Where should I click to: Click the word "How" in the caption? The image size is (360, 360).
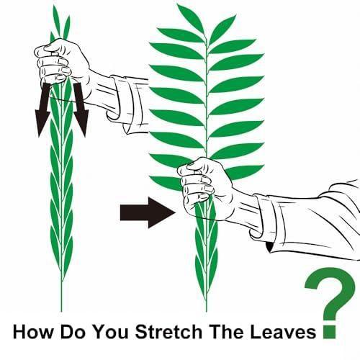(x=32, y=332)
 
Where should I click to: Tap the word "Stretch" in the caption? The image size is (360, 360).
(x=168, y=332)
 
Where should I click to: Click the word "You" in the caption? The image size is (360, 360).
(x=110, y=332)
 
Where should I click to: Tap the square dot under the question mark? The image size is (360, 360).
(x=330, y=332)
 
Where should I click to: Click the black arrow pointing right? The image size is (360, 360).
(x=147, y=212)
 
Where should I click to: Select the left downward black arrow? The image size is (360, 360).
(x=43, y=110)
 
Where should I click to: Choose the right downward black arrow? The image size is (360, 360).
(x=81, y=110)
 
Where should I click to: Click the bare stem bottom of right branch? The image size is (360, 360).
(x=207, y=305)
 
